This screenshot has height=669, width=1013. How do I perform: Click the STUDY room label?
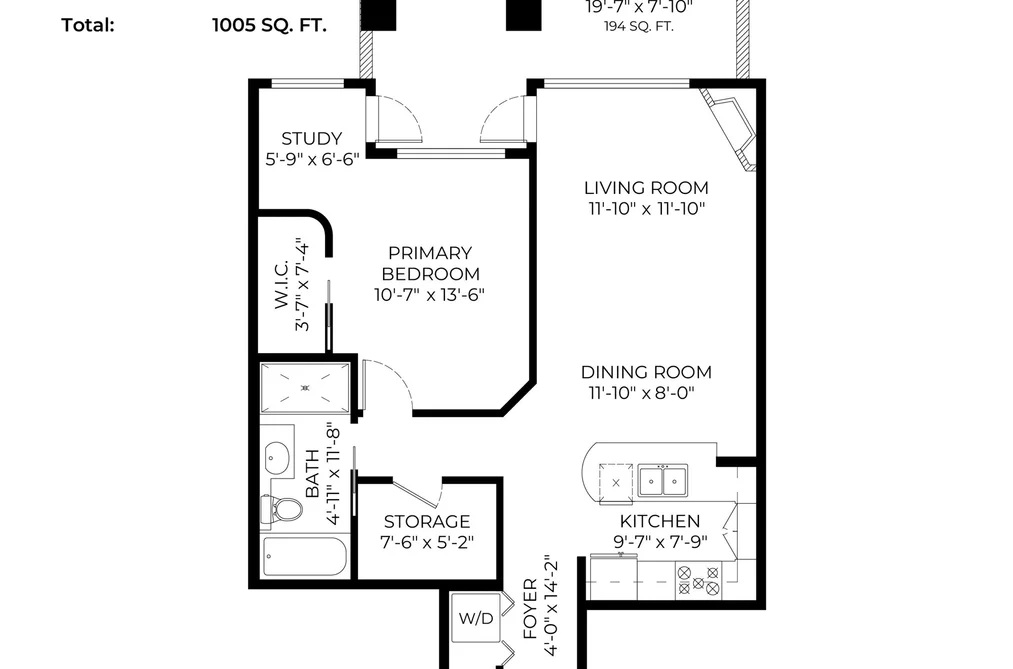point(311,138)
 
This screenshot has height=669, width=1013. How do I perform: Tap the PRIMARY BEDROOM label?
point(430,263)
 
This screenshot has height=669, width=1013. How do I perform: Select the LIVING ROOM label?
point(646,188)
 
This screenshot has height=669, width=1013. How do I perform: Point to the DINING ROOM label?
point(646,372)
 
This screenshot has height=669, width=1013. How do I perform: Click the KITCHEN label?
point(660,521)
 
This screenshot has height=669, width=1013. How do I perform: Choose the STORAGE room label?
point(426,521)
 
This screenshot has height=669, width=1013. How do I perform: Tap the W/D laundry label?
point(476,619)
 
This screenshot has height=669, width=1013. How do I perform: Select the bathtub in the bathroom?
point(305,557)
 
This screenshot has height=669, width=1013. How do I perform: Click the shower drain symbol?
point(306,387)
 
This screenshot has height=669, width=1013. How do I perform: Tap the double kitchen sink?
point(663,480)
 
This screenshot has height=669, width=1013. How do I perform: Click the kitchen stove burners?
point(698,580)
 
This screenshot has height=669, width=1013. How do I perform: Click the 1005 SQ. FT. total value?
point(269,25)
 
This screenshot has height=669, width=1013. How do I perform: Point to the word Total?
point(88,25)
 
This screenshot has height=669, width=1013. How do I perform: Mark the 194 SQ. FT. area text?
point(639,26)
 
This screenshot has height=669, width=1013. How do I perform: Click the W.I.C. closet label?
point(282,285)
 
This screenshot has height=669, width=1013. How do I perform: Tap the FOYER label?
point(530,609)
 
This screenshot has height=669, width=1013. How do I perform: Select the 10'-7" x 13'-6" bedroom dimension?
point(430,294)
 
